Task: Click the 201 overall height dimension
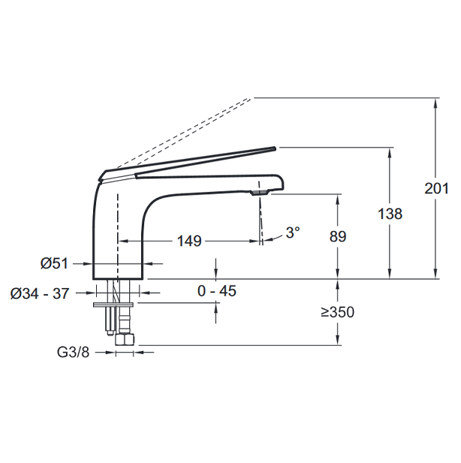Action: tap(436, 188)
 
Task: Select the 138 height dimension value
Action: tap(390, 213)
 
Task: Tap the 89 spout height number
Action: tap(338, 236)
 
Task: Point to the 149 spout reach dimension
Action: tap(189, 241)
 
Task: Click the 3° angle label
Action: tap(293, 233)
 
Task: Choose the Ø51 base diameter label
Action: tap(54, 263)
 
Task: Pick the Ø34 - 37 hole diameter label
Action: tap(40, 293)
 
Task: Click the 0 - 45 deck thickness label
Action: tap(217, 291)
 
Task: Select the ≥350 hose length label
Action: tap(337, 312)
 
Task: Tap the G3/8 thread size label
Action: tap(73, 352)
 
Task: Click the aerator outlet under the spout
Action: tap(260, 193)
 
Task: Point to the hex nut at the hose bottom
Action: tap(125, 339)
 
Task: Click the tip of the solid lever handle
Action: tap(275, 148)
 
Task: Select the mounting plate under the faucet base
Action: tap(113, 305)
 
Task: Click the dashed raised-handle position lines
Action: tap(184, 133)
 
